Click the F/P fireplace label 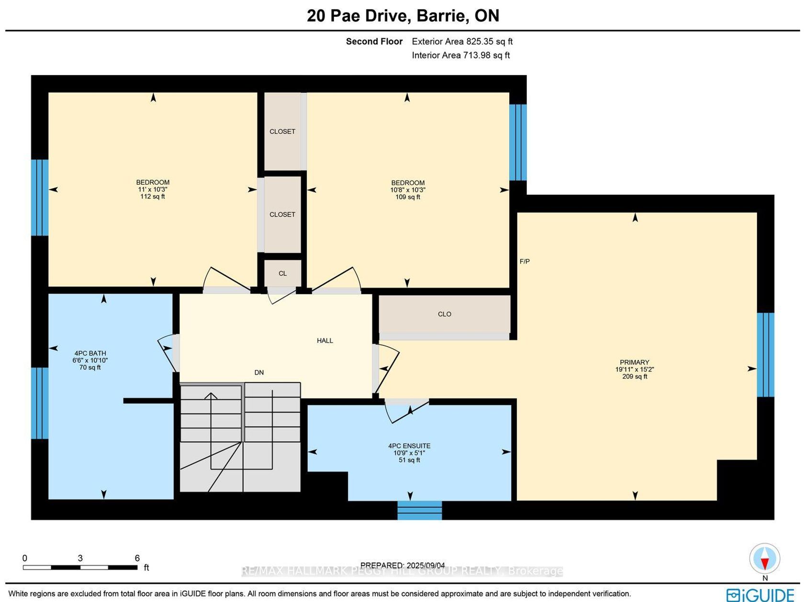tap(525, 261)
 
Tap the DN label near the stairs tap(259, 372)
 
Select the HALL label tap(325, 341)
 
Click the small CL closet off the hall tap(282, 274)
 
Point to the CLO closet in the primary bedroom tap(444, 314)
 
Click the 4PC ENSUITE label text tap(409, 446)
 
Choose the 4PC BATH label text tap(90, 353)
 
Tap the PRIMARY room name tap(635, 362)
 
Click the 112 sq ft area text tap(152, 197)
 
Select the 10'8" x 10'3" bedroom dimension tap(408, 190)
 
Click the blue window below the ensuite tap(420, 511)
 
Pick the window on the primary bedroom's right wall tap(766, 355)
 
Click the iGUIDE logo tap(760, 595)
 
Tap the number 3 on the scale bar tap(80, 558)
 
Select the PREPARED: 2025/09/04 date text tap(402, 565)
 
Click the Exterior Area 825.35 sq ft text tap(462, 41)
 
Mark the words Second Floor tap(374, 41)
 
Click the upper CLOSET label tap(282, 132)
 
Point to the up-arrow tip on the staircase tap(211, 393)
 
